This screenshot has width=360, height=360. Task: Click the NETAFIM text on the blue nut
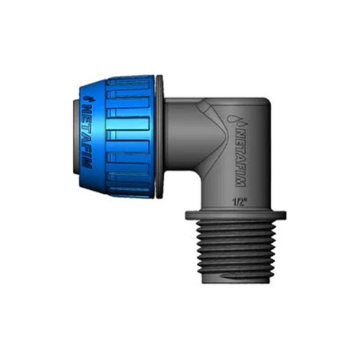point(87,137)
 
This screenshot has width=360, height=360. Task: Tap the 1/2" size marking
point(239,203)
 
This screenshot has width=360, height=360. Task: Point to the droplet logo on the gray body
point(237,119)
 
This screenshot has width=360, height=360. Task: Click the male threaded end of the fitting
point(235,251)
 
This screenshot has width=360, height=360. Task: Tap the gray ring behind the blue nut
point(159,136)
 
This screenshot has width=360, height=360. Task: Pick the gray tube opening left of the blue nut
point(76,136)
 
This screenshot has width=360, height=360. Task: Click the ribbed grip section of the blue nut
point(129,136)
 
